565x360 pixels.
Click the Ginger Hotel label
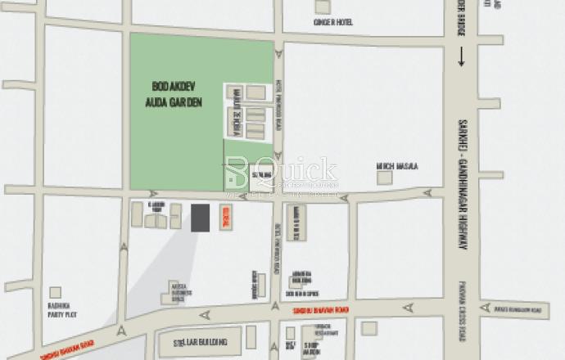tap(332, 22)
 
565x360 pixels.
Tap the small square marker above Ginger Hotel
tap(322, 7)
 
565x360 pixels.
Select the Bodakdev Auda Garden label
tap(177, 92)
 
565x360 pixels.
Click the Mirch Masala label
tap(396, 165)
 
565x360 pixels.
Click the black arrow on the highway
tap(462, 56)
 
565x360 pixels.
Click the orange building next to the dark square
tap(227, 218)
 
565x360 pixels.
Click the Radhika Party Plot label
tap(56, 310)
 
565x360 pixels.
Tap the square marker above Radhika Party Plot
tap(55, 292)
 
